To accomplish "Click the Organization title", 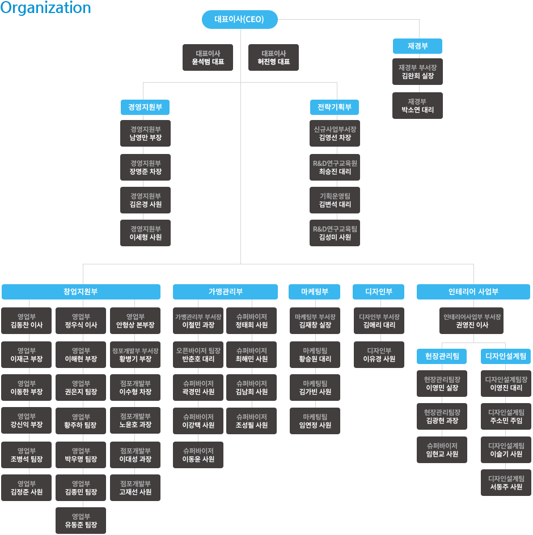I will tap(45, 8).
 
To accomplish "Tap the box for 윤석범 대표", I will tap(208, 57).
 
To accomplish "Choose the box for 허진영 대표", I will tap(273, 57).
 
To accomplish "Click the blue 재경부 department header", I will tap(417, 46).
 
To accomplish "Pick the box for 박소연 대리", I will tap(417, 105).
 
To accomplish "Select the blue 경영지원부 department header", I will tap(145, 107).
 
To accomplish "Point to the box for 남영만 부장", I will tap(145, 134).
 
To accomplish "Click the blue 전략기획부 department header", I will tap(335, 107).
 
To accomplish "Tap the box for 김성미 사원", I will tap(335, 233).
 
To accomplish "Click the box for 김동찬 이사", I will tap(26, 321).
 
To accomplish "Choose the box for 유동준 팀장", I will tap(81, 521).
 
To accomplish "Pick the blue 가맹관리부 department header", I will tap(226, 292).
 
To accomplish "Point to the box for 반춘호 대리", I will tap(198, 354).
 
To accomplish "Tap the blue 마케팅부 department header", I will tap(315, 292).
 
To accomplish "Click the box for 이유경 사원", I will tap(379, 354).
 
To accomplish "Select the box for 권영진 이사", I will tap(471, 321).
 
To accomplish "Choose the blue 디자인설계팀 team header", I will tap(506, 356).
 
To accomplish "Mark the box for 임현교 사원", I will tap(442, 450).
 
